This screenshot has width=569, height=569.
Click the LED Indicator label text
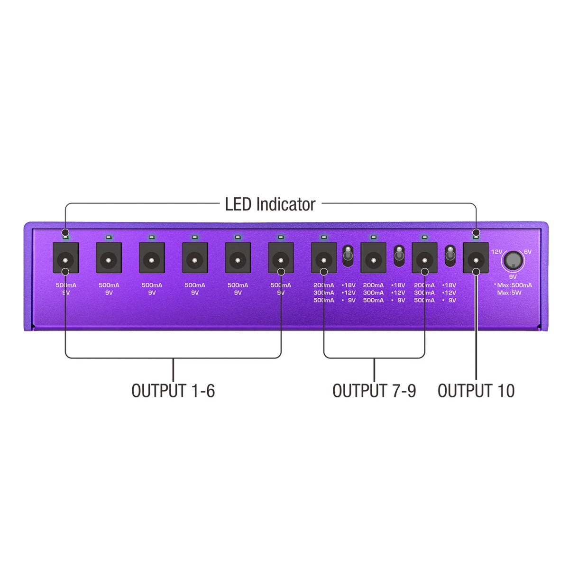click(270, 204)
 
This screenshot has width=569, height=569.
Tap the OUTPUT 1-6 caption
click(173, 391)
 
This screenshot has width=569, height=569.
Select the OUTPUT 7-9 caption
click(374, 391)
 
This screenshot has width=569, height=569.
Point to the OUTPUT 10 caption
click(476, 391)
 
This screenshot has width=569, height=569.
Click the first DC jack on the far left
click(66, 258)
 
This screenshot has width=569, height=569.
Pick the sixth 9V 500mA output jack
click(281, 258)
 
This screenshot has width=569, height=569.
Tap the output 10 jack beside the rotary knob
click(476, 258)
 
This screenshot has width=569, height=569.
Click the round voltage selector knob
click(513, 260)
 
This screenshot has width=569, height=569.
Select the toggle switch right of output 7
click(348, 256)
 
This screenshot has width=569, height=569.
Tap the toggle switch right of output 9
click(450, 256)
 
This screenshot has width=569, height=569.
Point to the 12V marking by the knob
click(496, 252)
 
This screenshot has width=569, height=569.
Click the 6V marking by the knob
click(528, 252)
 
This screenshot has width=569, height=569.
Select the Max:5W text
click(509, 293)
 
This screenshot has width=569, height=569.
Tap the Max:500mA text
click(514, 285)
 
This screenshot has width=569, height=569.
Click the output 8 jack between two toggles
click(373, 258)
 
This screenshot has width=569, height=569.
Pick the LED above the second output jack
click(109, 236)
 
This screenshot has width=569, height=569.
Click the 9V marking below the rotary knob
click(513, 277)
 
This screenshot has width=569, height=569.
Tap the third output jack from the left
click(152, 258)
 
